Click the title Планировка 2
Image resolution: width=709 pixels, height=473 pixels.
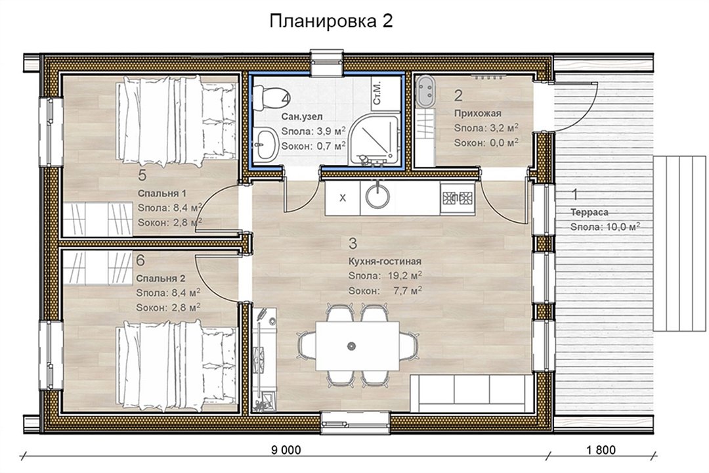pos(331,21)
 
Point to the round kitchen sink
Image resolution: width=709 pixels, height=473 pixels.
pos(377,197)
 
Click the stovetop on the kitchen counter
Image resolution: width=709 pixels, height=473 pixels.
pos(457,198)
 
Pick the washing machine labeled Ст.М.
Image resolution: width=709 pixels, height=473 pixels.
pos(380,92)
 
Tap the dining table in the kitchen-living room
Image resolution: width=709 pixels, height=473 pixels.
pos(357,346)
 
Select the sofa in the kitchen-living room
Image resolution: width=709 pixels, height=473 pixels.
pos(471,393)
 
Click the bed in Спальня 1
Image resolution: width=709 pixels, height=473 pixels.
pos(177,121)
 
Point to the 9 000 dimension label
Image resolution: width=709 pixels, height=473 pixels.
pos(286,450)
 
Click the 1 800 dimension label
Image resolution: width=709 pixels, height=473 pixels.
pos(601,450)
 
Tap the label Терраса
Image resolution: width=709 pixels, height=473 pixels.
pos(589,212)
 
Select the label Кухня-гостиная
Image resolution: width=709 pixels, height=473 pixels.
pos(385,261)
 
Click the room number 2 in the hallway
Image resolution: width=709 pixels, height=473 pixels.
pos(458,95)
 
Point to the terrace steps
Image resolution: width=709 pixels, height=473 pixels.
pos(679,244)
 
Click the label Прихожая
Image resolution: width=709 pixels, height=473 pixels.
pos(477,113)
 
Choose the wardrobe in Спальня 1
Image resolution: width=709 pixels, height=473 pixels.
pos(98,219)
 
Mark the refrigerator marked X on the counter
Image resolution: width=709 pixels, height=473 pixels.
pos(342,198)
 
